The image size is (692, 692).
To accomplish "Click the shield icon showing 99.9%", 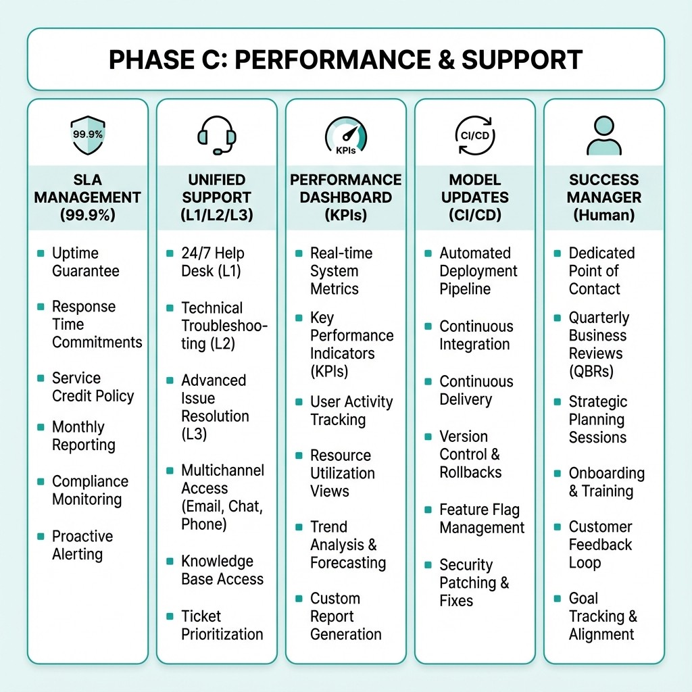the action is (x=87, y=134).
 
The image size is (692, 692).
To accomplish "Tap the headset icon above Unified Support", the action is (x=216, y=135).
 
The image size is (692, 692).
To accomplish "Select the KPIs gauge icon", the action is (x=345, y=135).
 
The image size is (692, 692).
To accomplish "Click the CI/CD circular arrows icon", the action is (x=474, y=134).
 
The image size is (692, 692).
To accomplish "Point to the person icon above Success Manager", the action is (x=603, y=135).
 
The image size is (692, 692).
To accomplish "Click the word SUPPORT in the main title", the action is (x=522, y=59).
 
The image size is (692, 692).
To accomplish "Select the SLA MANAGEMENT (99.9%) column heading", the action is (x=87, y=197).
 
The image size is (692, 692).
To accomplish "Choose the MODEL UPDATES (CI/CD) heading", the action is (x=474, y=197).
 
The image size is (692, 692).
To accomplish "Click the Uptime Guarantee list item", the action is (x=85, y=262).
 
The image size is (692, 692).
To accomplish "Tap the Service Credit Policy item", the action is (x=93, y=387).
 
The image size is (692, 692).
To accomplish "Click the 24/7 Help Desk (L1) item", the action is (x=212, y=262).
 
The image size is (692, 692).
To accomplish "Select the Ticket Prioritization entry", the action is (x=222, y=625).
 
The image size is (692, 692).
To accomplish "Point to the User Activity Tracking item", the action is (x=351, y=410).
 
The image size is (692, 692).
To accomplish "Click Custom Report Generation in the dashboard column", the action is (x=345, y=616).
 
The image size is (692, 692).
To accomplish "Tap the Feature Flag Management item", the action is (x=481, y=518).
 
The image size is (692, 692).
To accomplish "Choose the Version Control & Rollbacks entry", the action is (x=470, y=454).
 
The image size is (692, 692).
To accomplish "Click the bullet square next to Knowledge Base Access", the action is (x=170, y=562).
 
